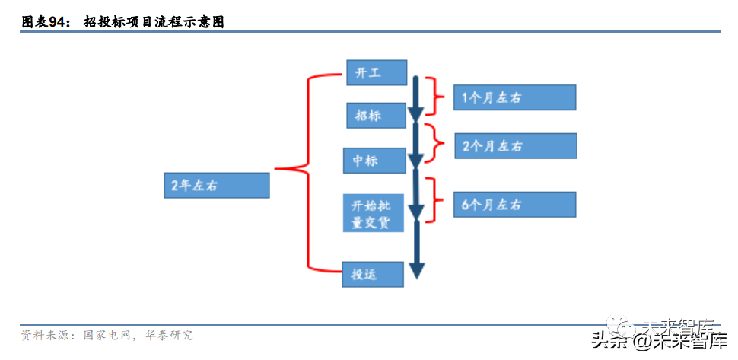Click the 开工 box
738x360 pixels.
tap(377, 73)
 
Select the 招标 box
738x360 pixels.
tap(374, 116)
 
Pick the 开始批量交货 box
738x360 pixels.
tap(373, 213)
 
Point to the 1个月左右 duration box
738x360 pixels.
tap(514, 97)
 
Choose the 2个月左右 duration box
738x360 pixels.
tap(515, 146)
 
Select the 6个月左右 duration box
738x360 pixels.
tap(514, 204)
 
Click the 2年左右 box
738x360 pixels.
tap(217, 185)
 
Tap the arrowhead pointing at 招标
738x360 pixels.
tap(415, 114)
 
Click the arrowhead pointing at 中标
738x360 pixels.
tap(415, 161)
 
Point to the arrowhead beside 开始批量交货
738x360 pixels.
tap(415, 211)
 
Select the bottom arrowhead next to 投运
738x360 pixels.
tap(416, 269)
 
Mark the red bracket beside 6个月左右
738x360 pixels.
tap(434, 199)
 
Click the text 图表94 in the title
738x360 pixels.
tap(45, 22)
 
